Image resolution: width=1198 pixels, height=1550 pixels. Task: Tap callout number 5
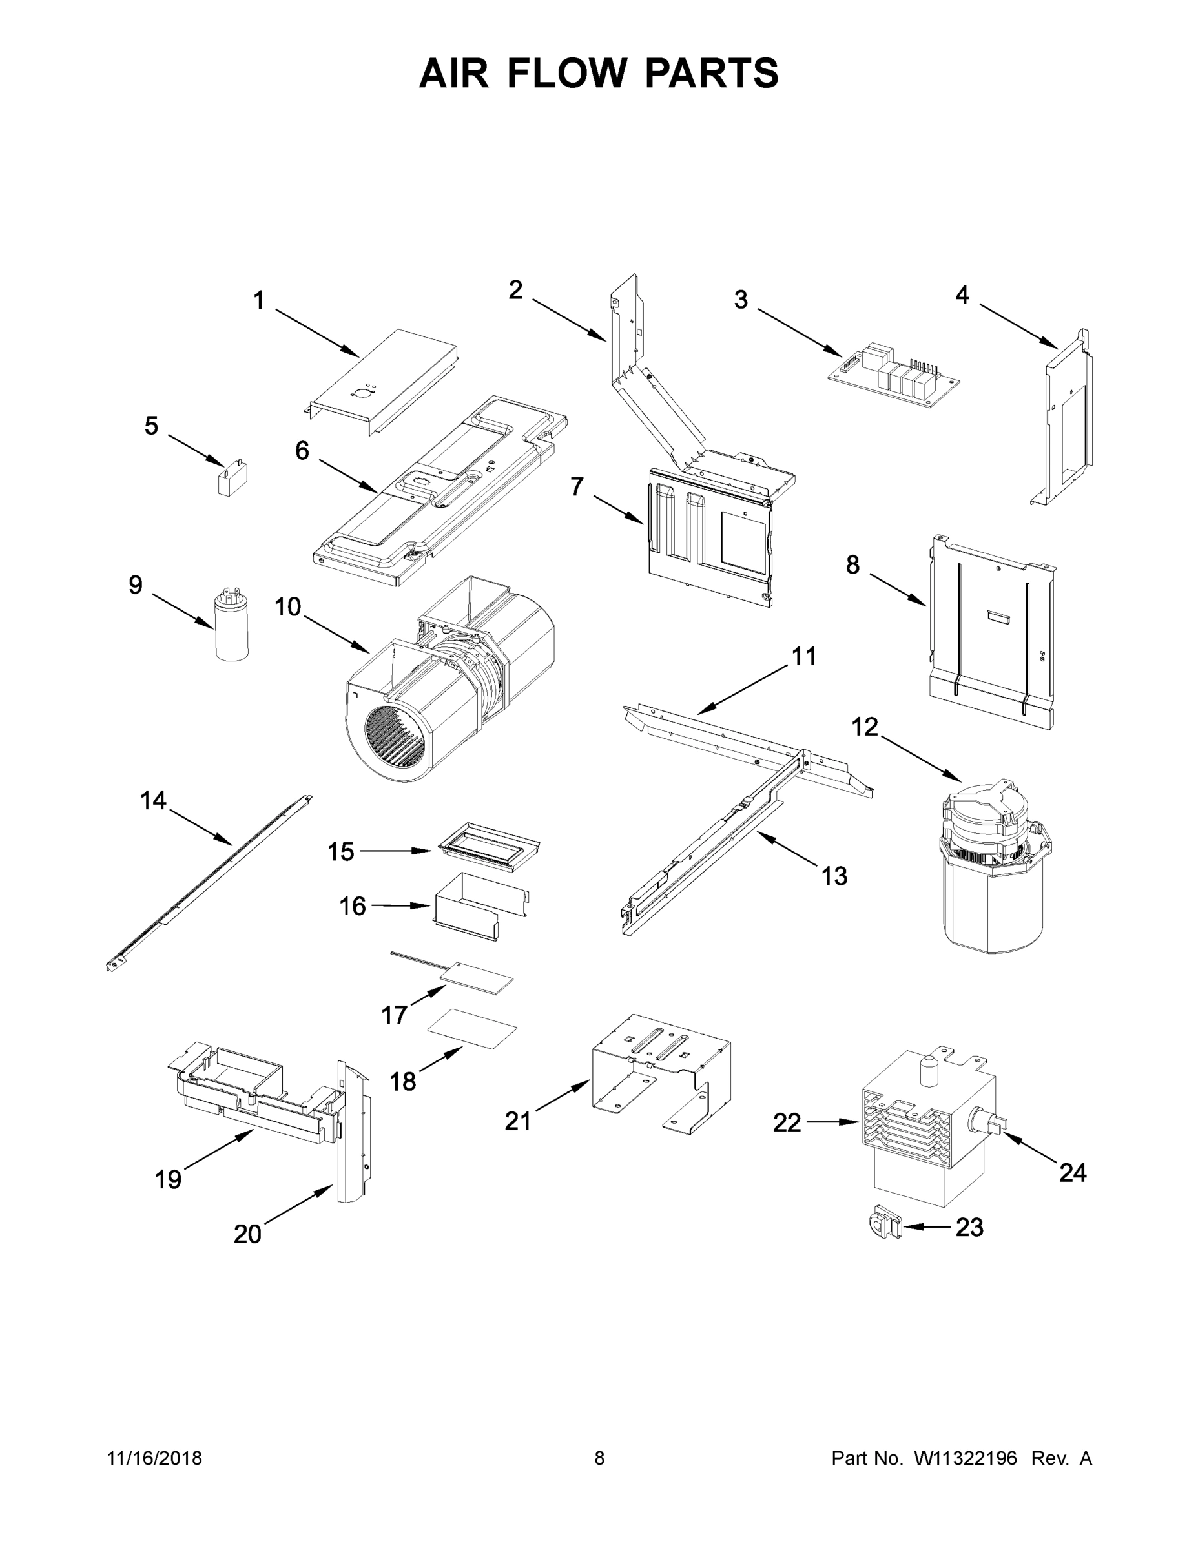click(x=151, y=426)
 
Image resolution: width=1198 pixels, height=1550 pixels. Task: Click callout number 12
click(x=865, y=727)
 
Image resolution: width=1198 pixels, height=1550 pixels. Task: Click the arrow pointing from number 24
click(x=1028, y=1150)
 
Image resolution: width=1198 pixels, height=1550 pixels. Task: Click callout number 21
click(x=518, y=1121)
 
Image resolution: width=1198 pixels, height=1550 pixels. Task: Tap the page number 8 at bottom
click(x=599, y=1458)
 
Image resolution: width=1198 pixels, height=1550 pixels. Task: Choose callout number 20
click(x=248, y=1234)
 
